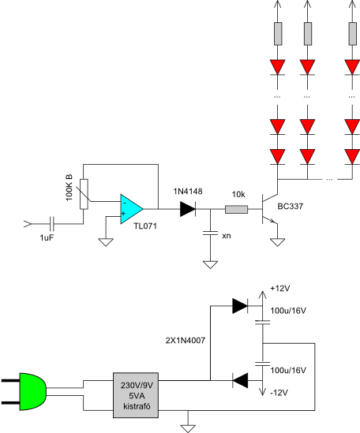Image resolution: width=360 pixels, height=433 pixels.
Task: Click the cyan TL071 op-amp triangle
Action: (131, 209)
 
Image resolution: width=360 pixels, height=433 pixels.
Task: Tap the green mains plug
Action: (32, 391)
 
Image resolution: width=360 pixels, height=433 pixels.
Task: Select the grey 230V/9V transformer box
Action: (136, 395)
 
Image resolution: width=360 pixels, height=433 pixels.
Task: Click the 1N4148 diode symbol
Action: (188, 209)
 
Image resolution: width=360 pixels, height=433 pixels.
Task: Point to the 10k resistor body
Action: (236, 209)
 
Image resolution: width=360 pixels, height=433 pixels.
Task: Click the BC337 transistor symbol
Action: (268, 209)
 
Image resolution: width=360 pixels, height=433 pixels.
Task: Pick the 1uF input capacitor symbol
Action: (51, 224)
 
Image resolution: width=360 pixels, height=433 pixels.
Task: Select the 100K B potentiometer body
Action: (84, 194)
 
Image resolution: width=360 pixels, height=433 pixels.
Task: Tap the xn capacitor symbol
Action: (211, 233)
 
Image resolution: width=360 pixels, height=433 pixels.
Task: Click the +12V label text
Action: (280, 289)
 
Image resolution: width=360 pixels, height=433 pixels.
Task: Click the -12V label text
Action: (279, 393)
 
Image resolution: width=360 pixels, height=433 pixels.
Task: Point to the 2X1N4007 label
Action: (186, 341)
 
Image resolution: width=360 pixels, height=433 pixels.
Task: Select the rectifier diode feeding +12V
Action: (240, 306)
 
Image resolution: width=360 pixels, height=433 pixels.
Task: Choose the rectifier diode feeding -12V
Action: (240, 380)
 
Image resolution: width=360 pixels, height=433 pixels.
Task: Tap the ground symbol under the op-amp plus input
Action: (106, 242)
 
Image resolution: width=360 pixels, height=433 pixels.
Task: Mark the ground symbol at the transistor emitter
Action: (277, 242)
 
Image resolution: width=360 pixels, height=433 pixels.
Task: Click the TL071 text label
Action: (145, 226)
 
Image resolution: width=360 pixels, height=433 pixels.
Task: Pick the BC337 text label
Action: (290, 207)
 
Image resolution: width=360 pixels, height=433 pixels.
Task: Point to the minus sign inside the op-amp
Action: (125, 203)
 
